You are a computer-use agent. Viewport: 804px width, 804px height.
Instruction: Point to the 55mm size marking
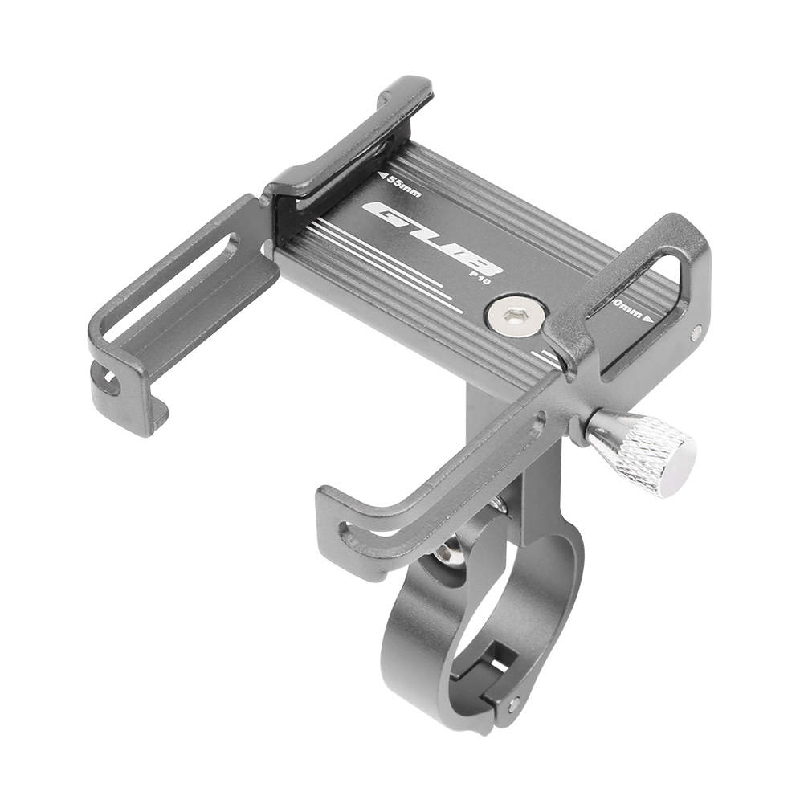(402, 185)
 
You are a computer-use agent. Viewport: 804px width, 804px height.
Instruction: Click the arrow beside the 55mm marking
(381, 175)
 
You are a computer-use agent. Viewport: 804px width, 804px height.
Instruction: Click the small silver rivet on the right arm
(696, 331)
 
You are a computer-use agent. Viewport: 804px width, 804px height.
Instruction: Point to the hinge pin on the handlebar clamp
(512, 704)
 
